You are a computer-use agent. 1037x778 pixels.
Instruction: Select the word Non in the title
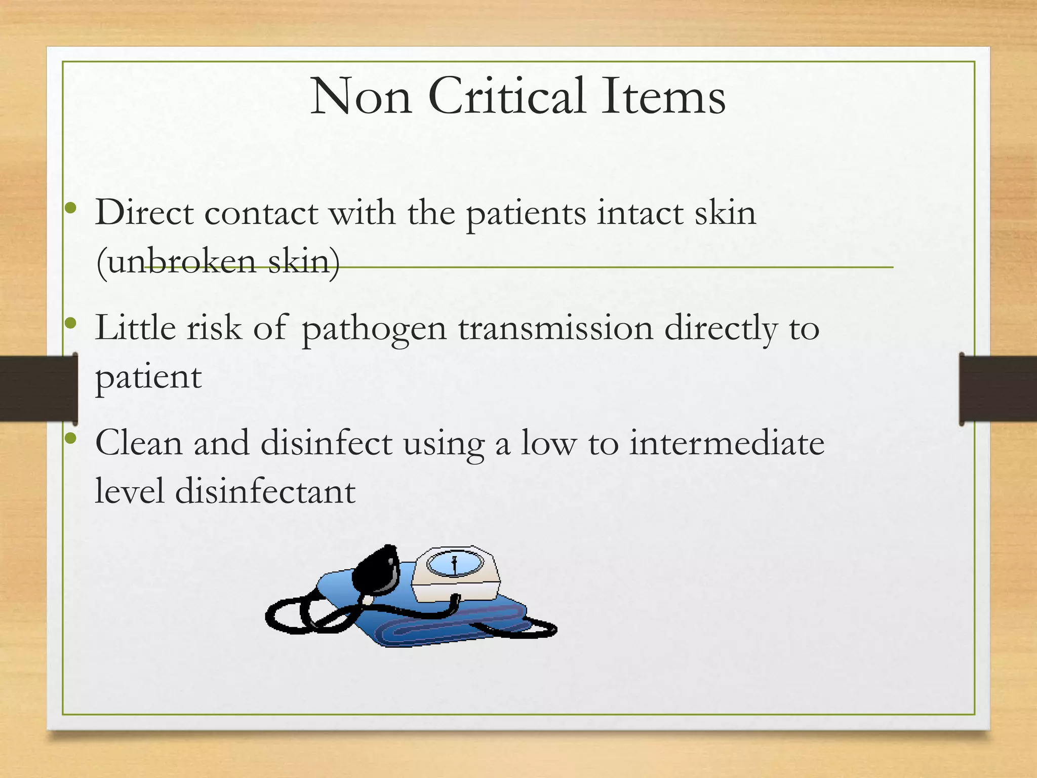click(361, 96)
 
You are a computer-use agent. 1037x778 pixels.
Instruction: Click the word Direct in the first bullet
click(144, 212)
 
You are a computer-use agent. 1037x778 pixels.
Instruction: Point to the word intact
click(641, 212)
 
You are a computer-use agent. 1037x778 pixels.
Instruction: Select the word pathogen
click(374, 328)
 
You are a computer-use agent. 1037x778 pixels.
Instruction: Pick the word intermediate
click(727, 443)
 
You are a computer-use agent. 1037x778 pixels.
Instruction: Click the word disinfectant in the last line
click(265, 491)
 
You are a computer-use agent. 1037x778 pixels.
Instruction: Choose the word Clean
click(138, 443)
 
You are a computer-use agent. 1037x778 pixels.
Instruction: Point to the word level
click(130, 491)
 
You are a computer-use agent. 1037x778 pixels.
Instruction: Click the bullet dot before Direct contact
click(71, 208)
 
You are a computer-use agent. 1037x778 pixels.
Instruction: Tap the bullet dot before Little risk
click(71, 323)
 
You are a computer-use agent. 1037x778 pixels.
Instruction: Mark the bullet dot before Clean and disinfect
click(71, 438)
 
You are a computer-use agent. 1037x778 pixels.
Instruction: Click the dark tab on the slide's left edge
click(38, 388)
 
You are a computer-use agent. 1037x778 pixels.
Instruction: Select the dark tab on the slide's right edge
click(998, 388)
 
